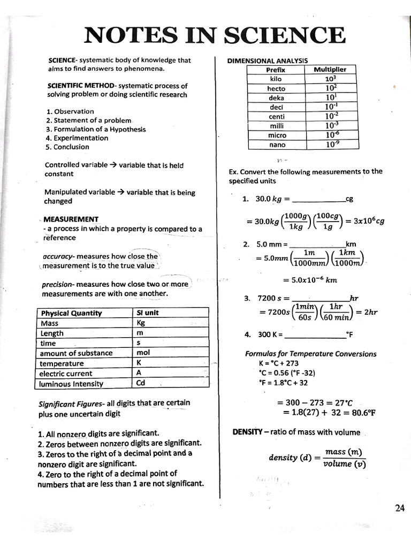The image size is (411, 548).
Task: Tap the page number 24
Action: click(399, 508)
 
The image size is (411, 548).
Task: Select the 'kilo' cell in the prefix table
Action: click(276, 79)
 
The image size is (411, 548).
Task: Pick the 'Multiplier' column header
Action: click(330, 70)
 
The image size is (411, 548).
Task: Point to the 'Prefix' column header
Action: click(276, 70)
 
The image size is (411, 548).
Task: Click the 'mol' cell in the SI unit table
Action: click(143, 353)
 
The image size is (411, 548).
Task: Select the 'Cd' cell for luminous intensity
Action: click(141, 383)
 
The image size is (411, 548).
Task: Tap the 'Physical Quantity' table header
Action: click(71, 313)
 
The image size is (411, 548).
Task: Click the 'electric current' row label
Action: click(66, 374)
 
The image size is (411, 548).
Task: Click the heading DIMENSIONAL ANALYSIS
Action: click(267, 60)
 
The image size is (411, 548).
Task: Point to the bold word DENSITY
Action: click(247, 432)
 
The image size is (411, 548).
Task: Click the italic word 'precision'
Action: click(59, 285)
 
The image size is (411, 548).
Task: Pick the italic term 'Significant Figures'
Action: click(71, 403)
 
